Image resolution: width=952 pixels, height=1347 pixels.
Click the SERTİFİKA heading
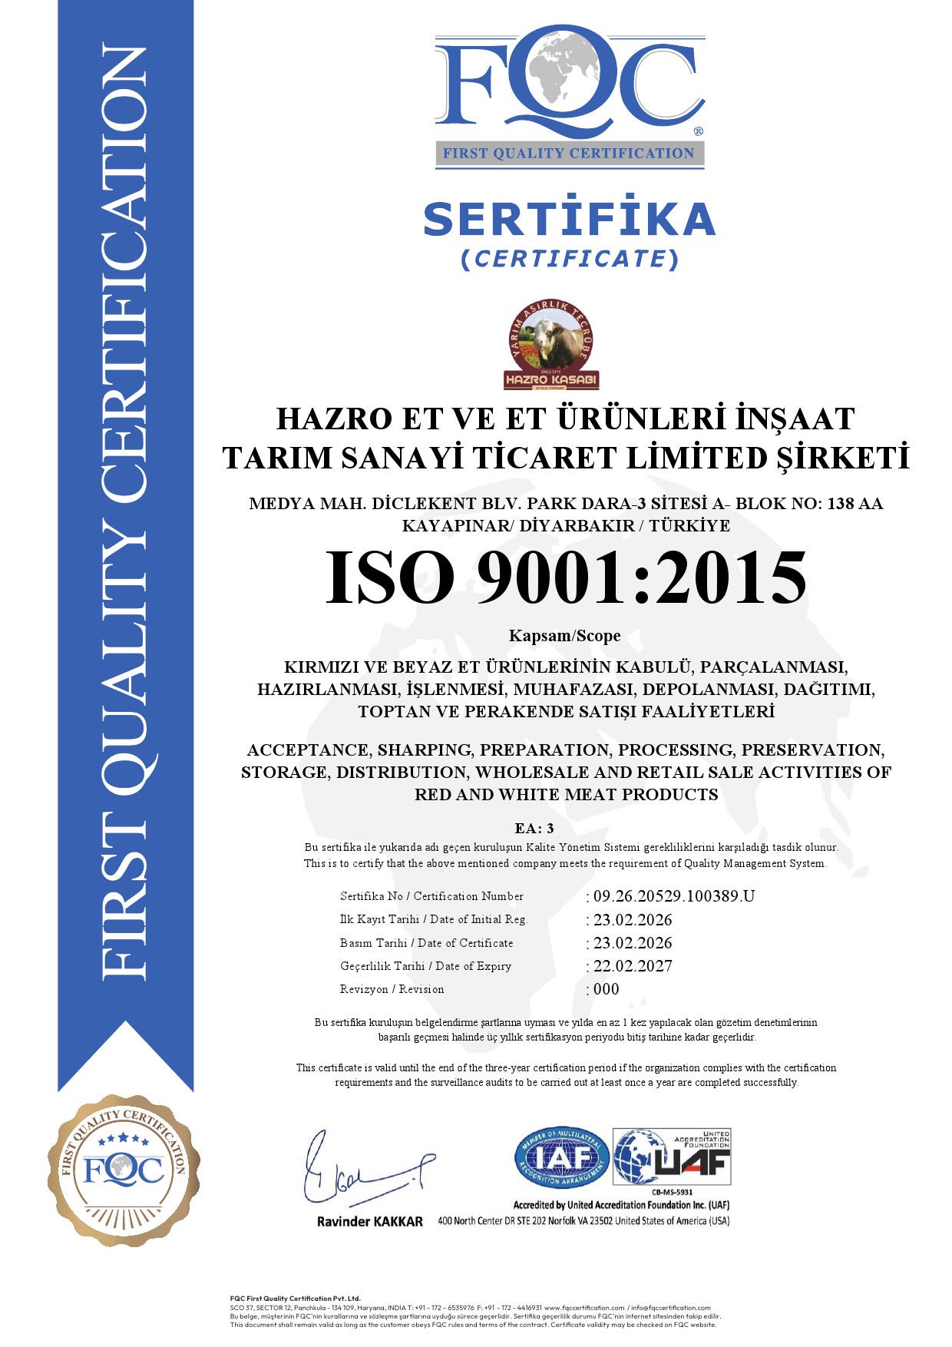click(x=569, y=219)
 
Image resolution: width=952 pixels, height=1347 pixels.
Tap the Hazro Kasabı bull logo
click(x=551, y=345)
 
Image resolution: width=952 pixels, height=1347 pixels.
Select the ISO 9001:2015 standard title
click(x=567, y=578)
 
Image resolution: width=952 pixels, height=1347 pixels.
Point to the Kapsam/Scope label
click(x=564, y=636)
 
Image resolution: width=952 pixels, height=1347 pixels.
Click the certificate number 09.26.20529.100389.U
click(x=673, y=896)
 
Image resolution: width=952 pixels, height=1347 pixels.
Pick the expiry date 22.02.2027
click(x=633, y=966)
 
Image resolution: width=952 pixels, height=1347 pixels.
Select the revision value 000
click(x=606, y=989)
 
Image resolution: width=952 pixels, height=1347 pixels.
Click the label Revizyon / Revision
click(x=392, y=989)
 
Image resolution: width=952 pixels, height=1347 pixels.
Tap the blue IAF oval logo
click(x=561, y=1157)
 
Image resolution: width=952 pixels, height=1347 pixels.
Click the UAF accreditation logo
click(x=672, y=1157)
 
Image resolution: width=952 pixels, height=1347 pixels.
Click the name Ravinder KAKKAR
click(x=370, y=1222)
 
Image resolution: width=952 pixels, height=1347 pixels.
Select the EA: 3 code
click(x=534, y=828)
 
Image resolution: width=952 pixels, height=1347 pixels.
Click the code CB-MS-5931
click(x=672, y=1193)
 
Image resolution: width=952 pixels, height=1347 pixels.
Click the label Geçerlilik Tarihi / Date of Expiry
click(x=425, y=966)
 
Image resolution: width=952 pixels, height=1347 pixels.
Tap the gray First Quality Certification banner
click(x=569, y=153)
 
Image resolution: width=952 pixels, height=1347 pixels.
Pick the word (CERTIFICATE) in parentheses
click(x=569, y=259)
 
